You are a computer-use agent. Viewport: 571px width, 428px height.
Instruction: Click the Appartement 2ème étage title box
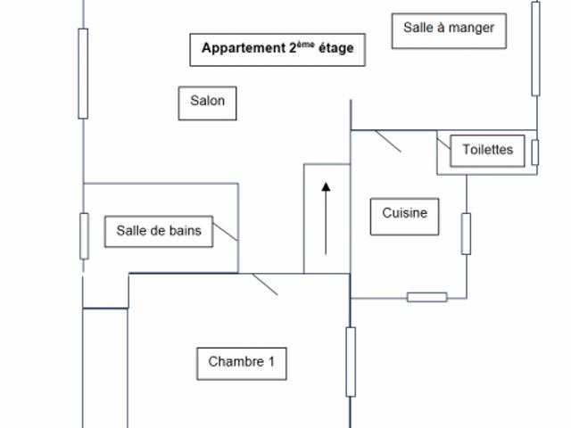pos(277,49)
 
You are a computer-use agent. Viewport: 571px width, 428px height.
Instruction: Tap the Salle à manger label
pos(449,29)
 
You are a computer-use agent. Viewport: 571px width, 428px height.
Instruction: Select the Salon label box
pos(208,102)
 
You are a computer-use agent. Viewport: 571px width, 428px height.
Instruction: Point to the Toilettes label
pos(488,150)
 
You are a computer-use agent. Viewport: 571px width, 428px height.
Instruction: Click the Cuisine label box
pos(405,214)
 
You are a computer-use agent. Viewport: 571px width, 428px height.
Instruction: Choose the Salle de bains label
pos(159,231)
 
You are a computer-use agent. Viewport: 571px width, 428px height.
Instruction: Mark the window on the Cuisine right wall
pos(466,234)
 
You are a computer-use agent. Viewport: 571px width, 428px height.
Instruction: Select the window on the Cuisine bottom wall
pos(427,297)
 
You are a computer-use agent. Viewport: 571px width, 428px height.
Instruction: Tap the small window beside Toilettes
pos(535,152)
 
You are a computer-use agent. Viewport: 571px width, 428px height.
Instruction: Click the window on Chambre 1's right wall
pos(351,361)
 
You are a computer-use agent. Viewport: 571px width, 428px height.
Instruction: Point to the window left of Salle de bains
pos(84,235)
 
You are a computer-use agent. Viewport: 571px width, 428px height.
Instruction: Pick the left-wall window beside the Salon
pos(83,73)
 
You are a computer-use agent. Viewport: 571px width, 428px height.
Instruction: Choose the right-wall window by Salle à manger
pos(535,49)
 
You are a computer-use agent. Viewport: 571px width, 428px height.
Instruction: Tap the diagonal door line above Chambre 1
pos(265,284)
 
